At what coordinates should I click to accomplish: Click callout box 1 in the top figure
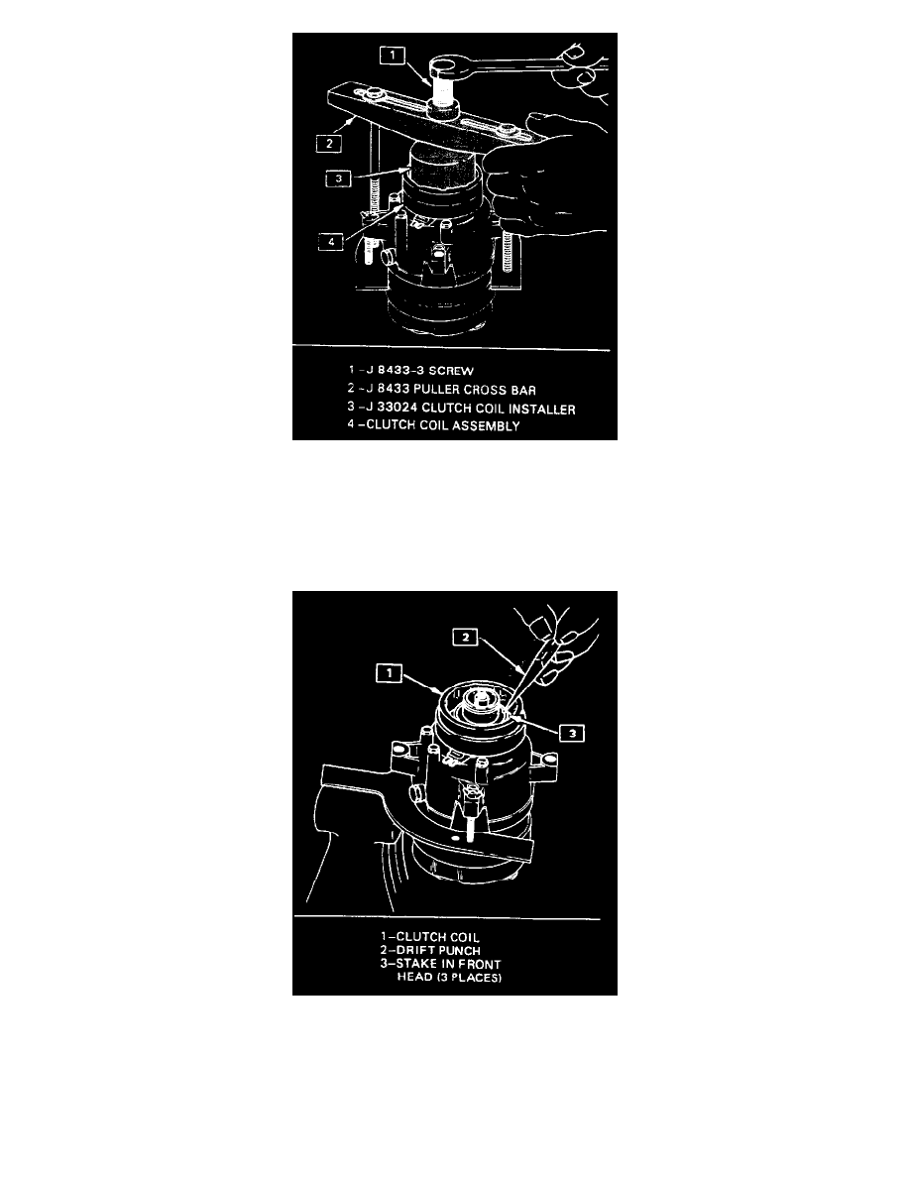tap(393, 55)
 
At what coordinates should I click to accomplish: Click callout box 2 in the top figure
tap(329, 143)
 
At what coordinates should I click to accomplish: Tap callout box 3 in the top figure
tap(339, 178)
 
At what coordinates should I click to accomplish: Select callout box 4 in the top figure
tap(331, 241)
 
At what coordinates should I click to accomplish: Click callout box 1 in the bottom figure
tap(389, 673)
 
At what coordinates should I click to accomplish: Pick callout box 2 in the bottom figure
tap(466, 637)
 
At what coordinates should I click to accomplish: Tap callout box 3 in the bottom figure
tap(572, 733)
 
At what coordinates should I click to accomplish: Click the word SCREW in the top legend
tap(451, 371)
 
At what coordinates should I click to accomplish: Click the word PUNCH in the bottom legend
tap(460, 950)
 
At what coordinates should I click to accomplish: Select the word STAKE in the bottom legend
tap(416, 964)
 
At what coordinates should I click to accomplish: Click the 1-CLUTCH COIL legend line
tap(429, 937)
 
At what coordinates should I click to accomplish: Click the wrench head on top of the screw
tap(447, 70)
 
